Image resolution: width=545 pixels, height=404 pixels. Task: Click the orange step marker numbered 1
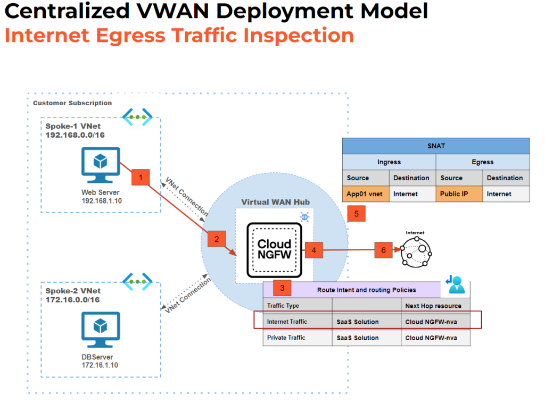click(141, 178)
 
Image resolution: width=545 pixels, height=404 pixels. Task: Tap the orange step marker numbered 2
click(217, 239)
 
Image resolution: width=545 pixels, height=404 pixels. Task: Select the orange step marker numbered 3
click(282, 288)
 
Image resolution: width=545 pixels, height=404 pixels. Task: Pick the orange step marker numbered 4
click(314, 249)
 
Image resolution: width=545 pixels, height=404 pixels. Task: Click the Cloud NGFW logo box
click(274, 250)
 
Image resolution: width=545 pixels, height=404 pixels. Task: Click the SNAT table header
click(435, 146)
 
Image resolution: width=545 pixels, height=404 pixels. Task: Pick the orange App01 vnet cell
click(366, 194)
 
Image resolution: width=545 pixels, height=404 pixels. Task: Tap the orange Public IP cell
click(459, 194)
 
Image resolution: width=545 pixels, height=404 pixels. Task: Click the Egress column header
click(482, 162)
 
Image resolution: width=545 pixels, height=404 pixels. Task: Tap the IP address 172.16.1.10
click(100, 365)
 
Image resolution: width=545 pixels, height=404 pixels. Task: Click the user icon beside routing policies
click(456, 285)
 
